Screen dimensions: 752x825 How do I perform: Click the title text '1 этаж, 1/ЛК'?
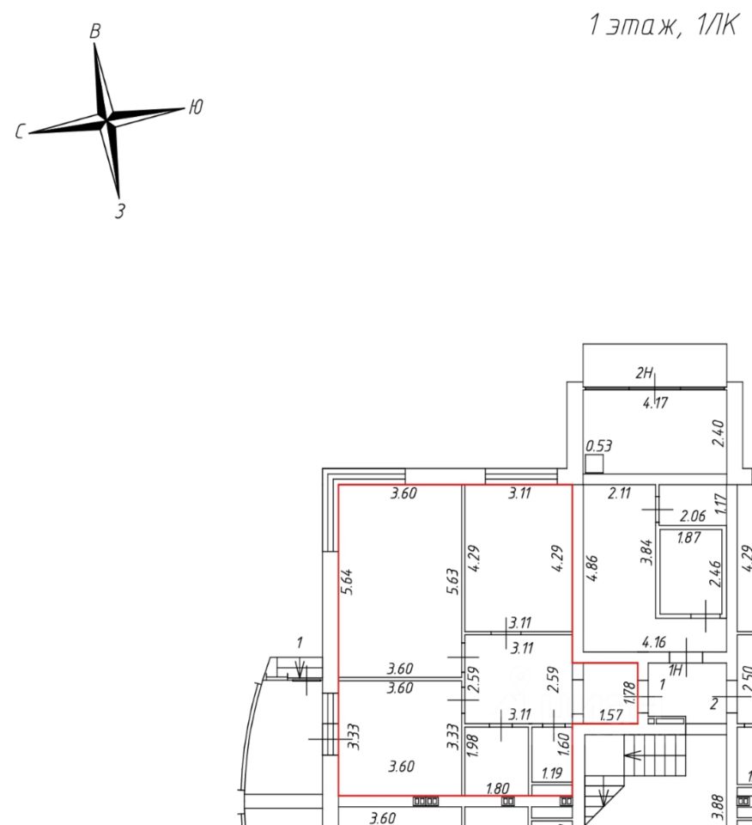(x=662, y=26)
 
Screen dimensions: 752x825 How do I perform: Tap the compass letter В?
(x=96, y=31)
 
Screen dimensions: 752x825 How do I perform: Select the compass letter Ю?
(x=196, y=107)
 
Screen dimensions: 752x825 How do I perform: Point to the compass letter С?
(x=20, y=132)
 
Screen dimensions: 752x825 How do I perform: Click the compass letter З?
(x=120, y=210)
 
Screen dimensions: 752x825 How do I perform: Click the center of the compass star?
(x=106, y=120)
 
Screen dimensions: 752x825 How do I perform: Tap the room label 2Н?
(x=645, y=373)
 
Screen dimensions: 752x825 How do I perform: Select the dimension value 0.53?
(x=598, y=446)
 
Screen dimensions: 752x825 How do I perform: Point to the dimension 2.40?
(x=719, y=433)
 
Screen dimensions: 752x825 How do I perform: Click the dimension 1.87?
(x=688, y=538)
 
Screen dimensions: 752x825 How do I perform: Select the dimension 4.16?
(x=655, y=641)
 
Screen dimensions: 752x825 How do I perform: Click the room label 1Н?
(x=676, y=670)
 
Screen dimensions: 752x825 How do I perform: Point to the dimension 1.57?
(x=610, y=714)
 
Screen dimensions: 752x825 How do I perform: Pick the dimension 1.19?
(x=551, y=773)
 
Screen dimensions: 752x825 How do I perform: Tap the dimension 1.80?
(x=498, y=788)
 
